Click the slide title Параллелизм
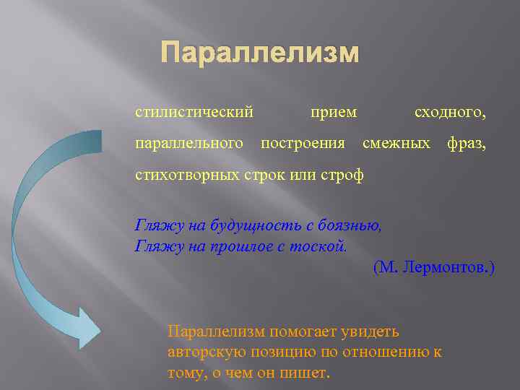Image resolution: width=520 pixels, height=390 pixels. tap(259, 53)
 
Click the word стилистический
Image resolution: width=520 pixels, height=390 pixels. tap(194, 112)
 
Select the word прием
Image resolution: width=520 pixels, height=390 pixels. tap(333, 112)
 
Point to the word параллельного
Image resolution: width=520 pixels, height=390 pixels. tap(189, 144)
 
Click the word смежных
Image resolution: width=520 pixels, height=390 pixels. tap(396, 144)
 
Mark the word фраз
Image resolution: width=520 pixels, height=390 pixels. tap(467, 144)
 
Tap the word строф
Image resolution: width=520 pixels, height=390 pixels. tap(342, 175)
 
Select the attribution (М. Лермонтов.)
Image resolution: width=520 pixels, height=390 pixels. tap(433, 268)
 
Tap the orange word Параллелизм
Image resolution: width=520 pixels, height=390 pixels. tap(217, 331)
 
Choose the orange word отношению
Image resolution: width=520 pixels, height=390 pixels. tap(389, 352)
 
